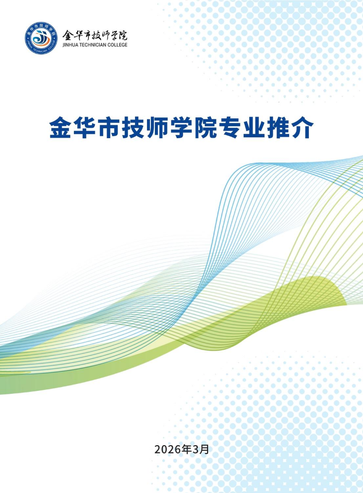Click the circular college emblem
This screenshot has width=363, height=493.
click(x=41, y=38)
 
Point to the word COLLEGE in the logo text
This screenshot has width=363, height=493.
click(x=117, y=45)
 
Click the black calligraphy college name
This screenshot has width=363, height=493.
click(x=95, y=35)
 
